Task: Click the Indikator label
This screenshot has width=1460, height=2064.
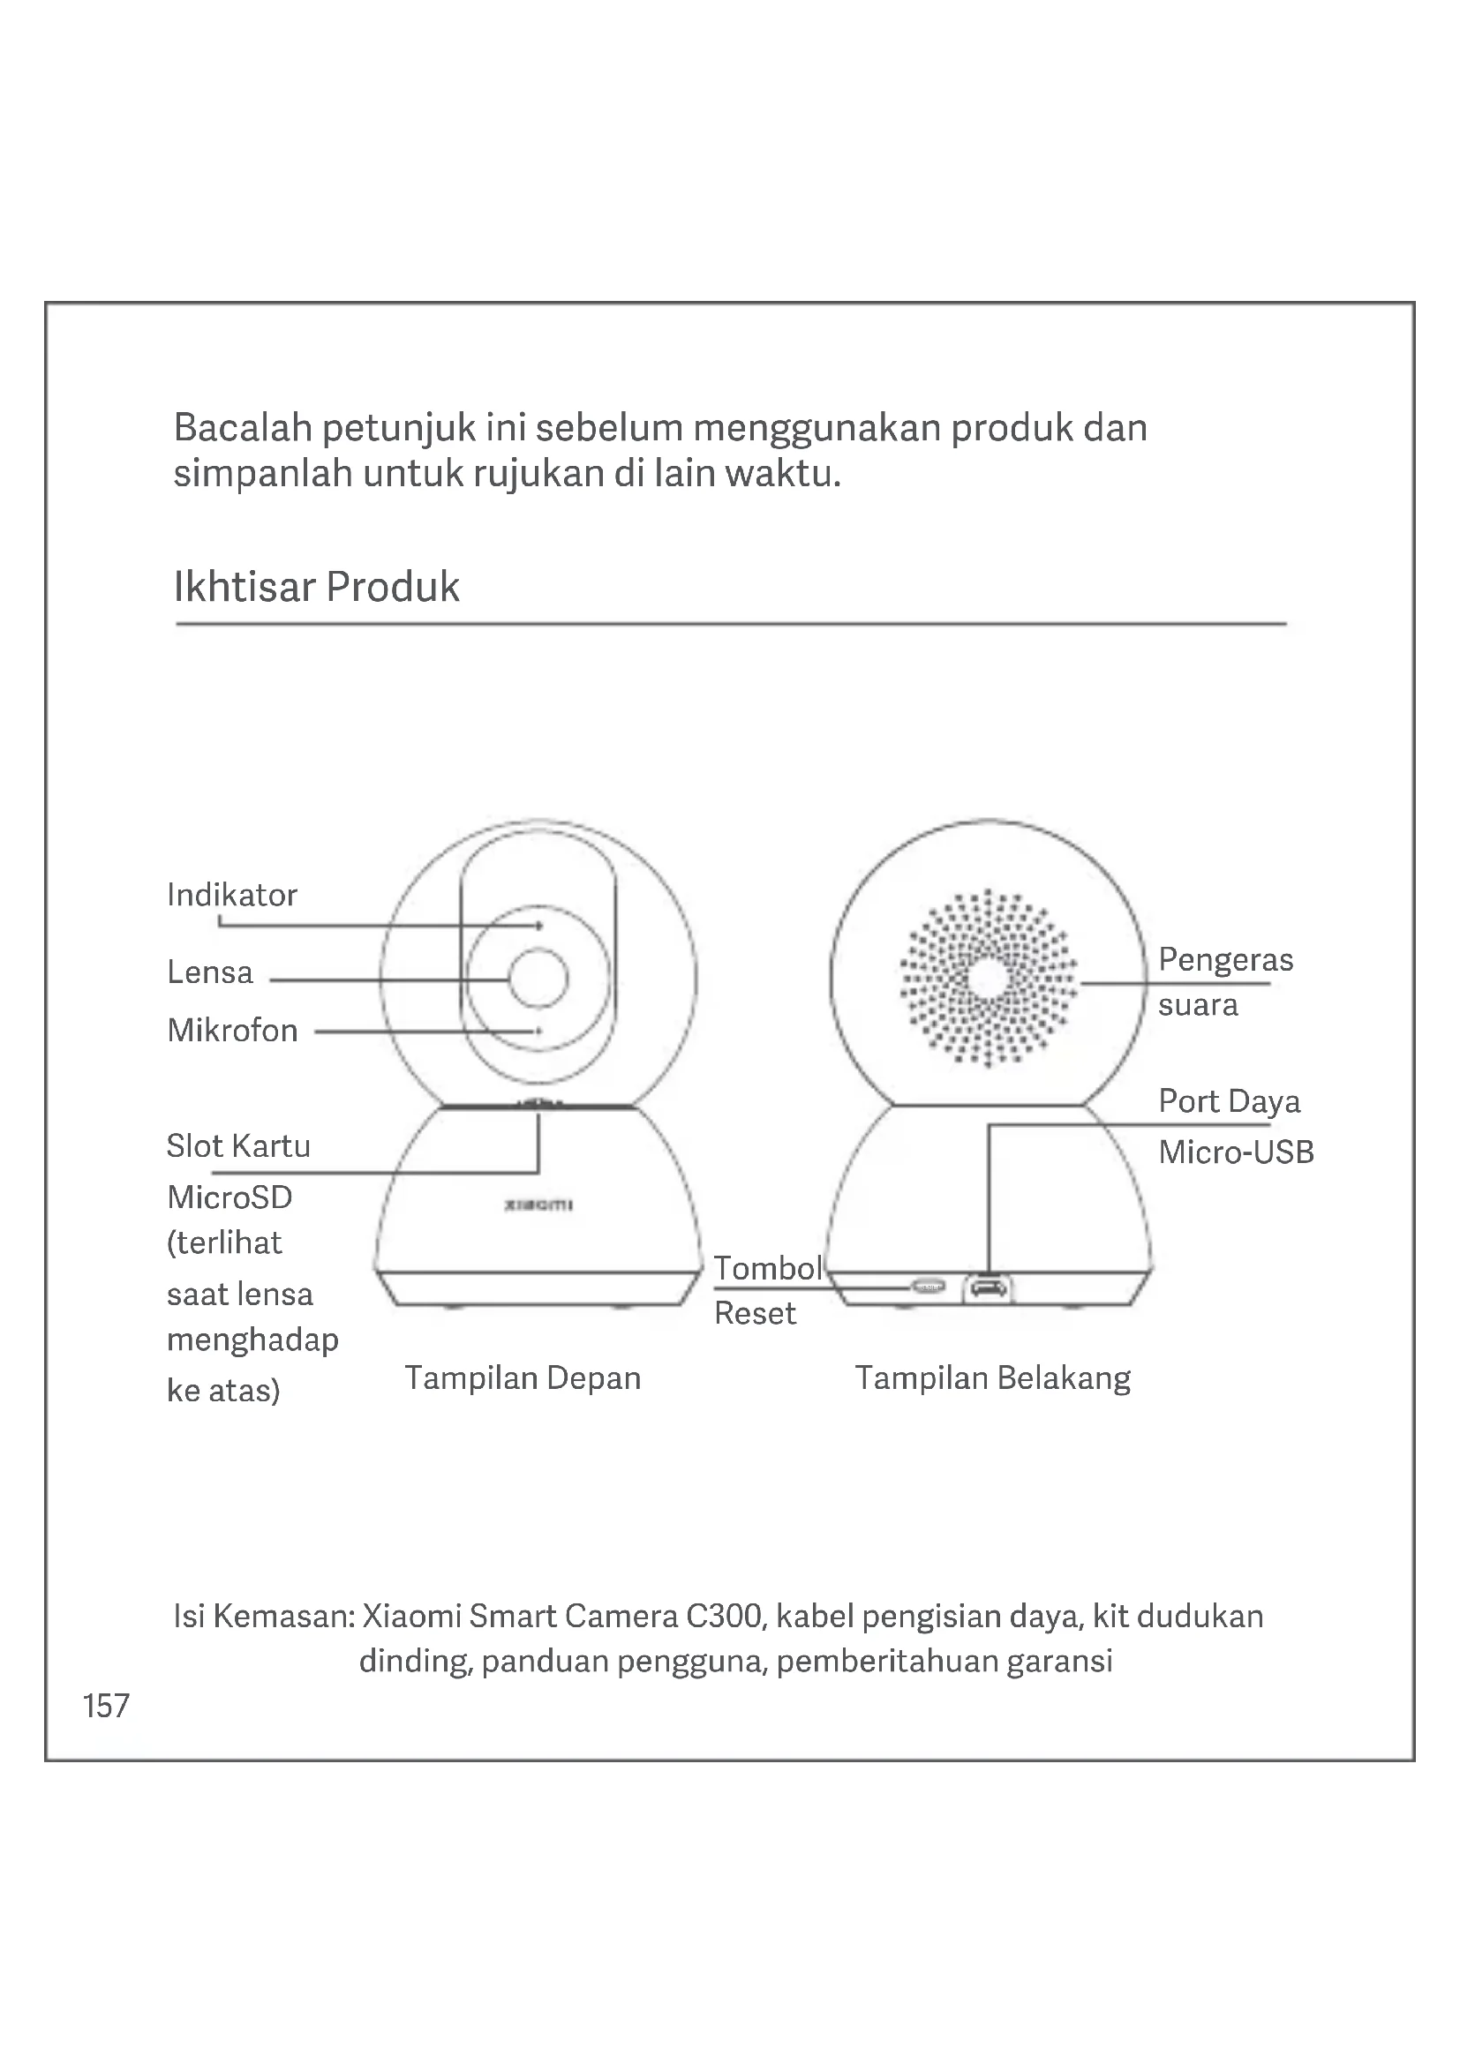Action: point(232,896)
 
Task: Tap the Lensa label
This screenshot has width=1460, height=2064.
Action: point(210,972)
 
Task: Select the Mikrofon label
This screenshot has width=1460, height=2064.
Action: point(233,1031)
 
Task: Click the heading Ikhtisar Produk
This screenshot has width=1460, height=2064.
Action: point(317,587)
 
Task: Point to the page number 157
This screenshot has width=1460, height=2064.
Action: point(106,1706)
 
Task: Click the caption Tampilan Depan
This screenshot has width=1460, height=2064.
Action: point(523,1378)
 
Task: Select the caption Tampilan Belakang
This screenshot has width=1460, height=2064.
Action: point(992,1378)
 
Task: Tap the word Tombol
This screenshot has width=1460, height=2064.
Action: point(768,1268)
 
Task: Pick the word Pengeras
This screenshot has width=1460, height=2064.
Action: point(1225,960)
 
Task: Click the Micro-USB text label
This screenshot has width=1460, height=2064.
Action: point(1236,1152)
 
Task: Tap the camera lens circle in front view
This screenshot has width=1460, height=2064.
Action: point(538,979)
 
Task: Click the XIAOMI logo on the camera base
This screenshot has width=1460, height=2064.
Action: point(538,1205)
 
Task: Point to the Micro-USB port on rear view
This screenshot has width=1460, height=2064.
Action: point(987,1289)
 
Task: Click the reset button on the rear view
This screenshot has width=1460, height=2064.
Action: point(928,1287)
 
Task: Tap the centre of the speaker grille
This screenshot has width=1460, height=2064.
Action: point(988,979)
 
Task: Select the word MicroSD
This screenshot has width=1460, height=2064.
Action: point(230,1197)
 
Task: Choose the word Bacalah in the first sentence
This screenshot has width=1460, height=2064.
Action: point(242,428)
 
